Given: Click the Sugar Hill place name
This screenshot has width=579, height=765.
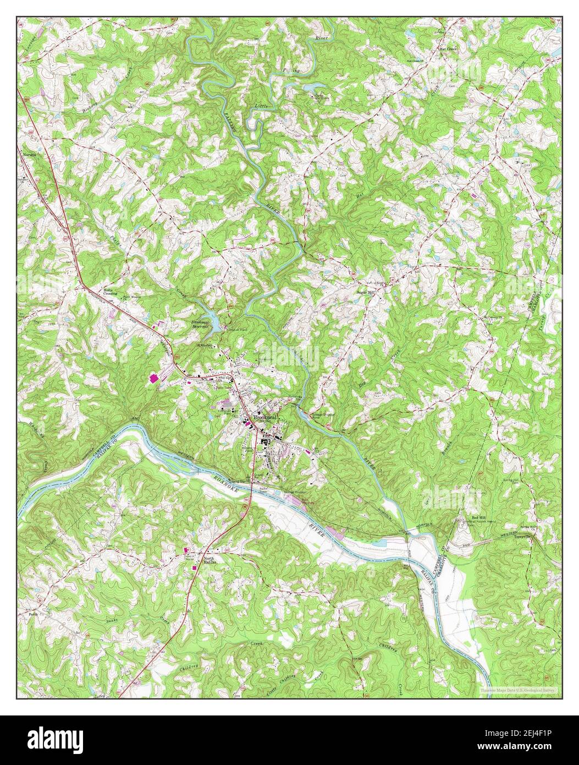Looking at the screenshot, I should click(365, 293).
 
